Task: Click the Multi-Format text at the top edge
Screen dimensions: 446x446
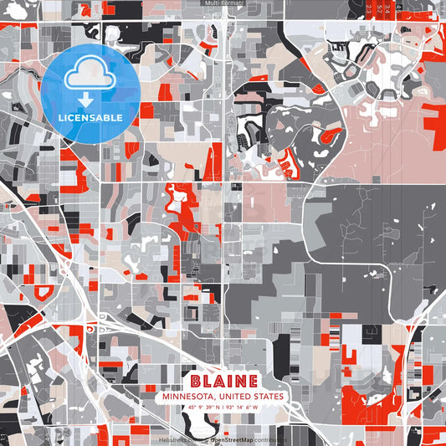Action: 223,3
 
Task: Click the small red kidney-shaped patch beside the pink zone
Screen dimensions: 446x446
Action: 330,133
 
